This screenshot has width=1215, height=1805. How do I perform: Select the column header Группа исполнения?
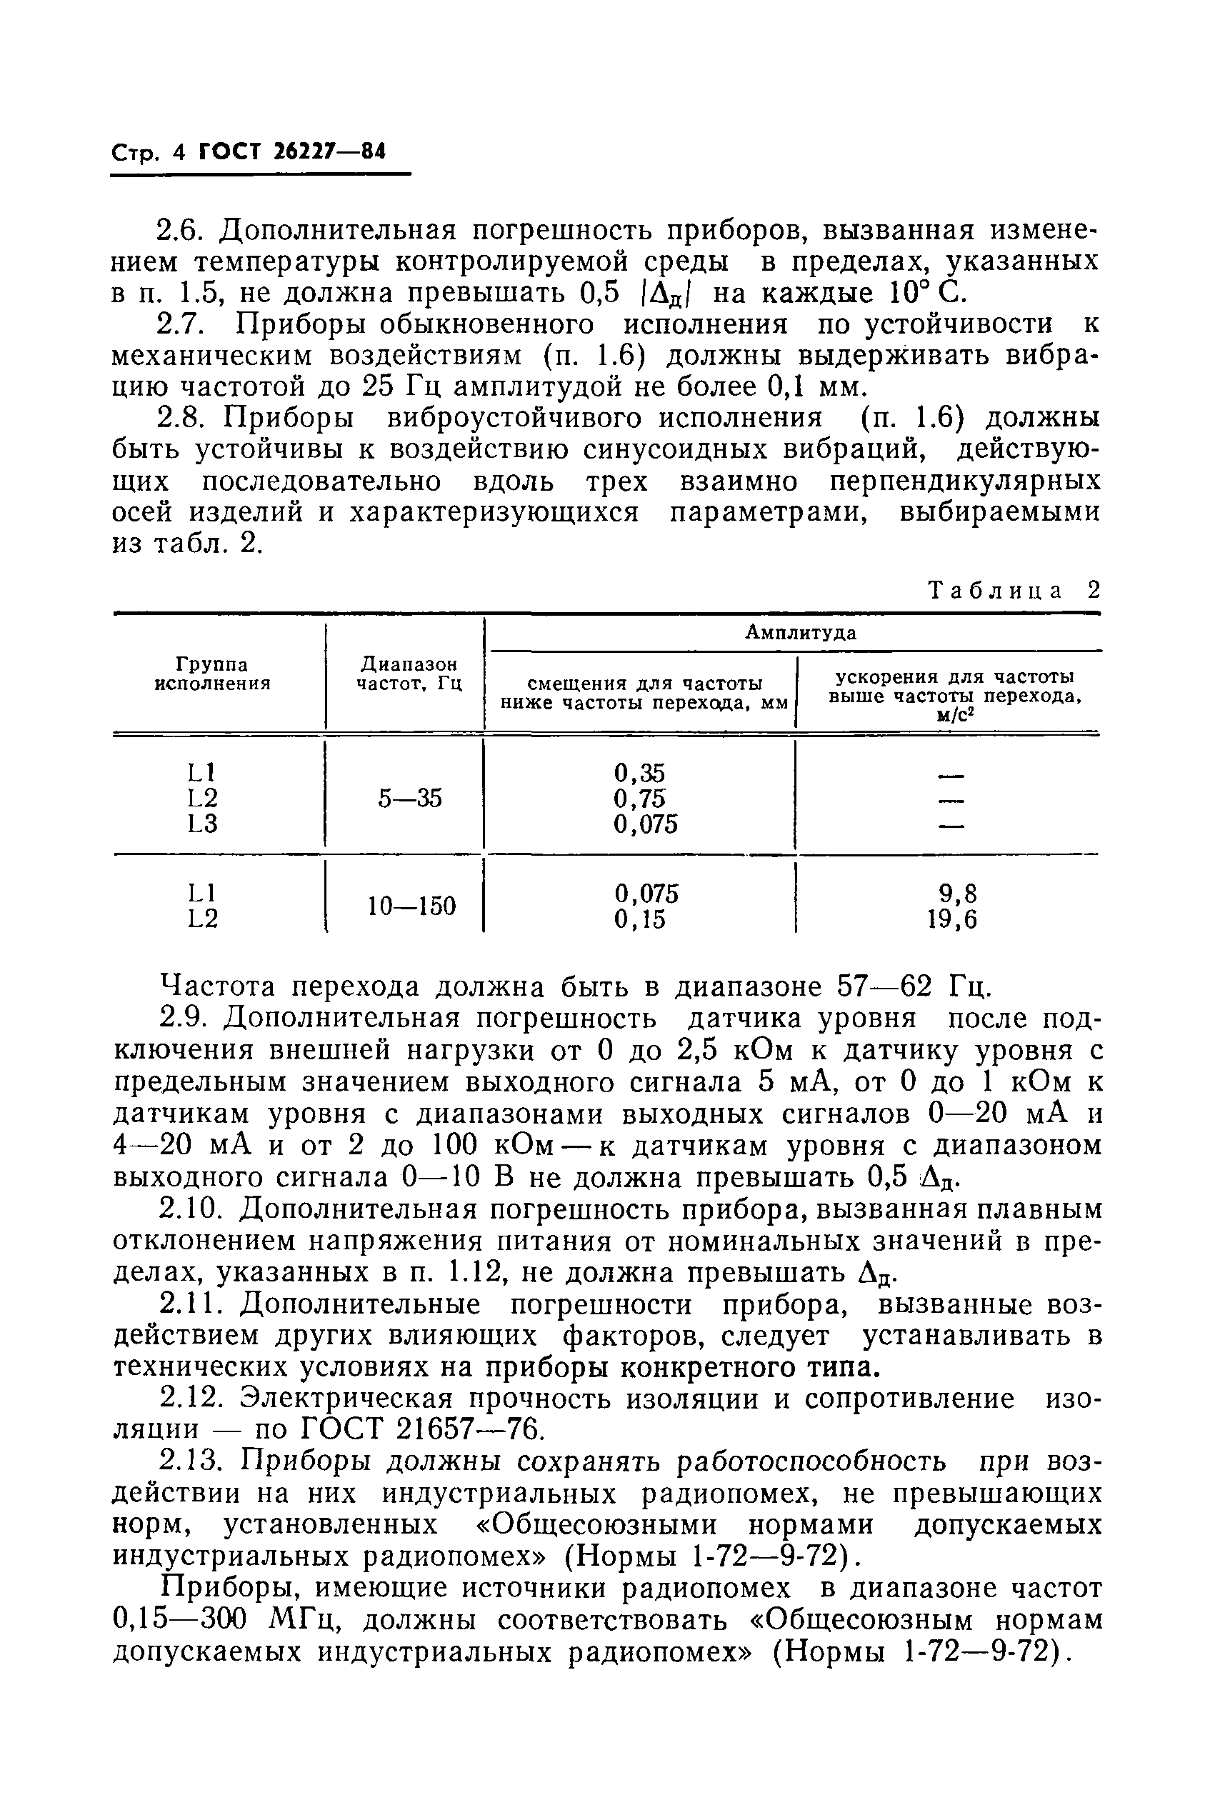click(x=213, y=674)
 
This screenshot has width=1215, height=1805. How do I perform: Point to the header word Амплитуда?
click(x=801, y=633)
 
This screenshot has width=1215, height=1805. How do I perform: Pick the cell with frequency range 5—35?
click(x=410, y=798)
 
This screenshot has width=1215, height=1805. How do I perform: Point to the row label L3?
click(x=202, y=824)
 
